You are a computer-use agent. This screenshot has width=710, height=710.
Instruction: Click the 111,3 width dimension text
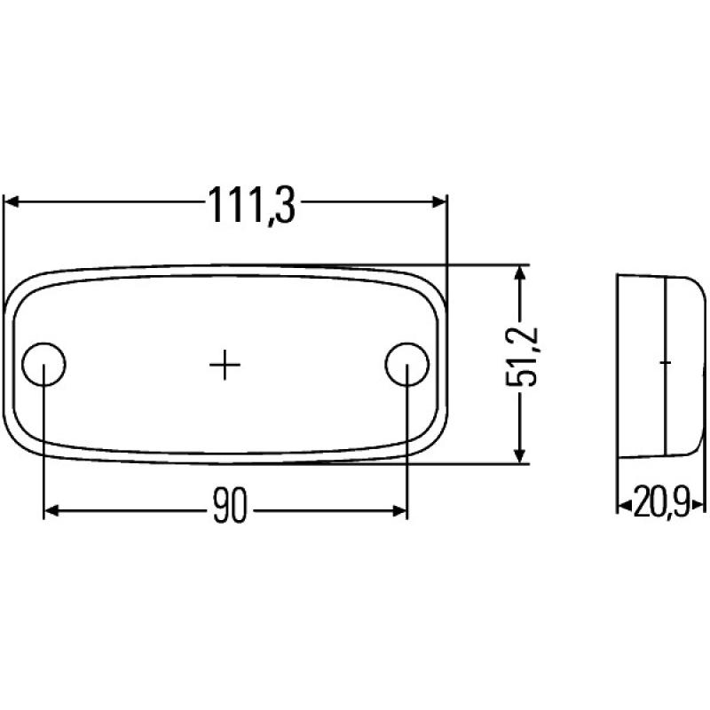pyautogui.click(x=250, y=205)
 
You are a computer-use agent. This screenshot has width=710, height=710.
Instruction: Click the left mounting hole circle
pyautogui.click(x=43, y=364)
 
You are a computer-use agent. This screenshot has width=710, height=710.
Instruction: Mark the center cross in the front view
pyautogui.click(x=225, y=364)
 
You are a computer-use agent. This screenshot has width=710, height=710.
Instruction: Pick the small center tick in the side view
pyautogui.click(x=665, y=363)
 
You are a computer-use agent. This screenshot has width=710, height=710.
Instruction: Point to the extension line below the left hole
pyautogui.click(x=43, y=453)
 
